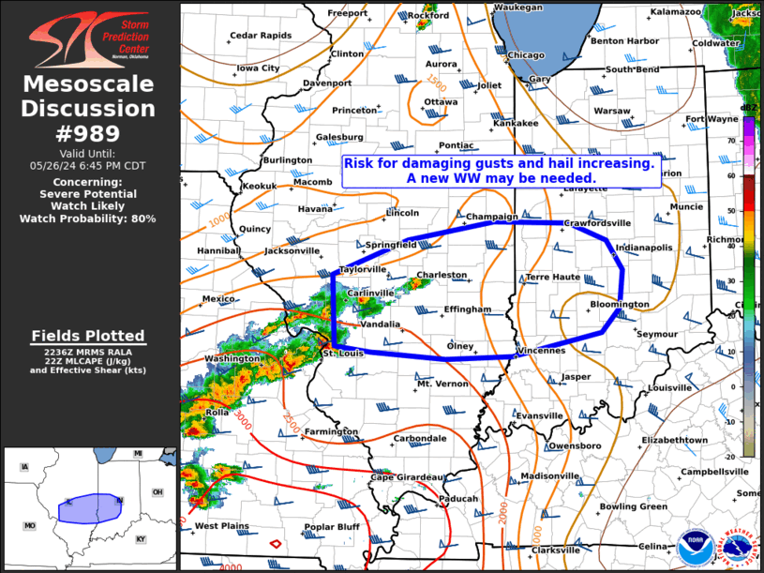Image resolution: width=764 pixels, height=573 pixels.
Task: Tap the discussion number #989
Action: (89, 132)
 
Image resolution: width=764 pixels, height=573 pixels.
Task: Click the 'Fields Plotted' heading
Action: (89, 336)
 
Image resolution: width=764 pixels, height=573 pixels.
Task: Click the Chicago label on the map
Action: (526, 55)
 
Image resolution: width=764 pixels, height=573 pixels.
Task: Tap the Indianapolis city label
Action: (644, 248)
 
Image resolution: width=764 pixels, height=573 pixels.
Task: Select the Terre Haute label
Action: (553, 278)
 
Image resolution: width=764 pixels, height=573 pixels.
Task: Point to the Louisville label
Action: (669, 387)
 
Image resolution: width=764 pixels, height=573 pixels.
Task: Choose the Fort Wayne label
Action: (712, 119)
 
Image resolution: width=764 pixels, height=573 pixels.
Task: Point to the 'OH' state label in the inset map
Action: (157, 492)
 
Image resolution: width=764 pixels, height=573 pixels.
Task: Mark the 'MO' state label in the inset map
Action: (30, 526)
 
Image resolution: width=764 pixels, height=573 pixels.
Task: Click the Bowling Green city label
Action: (633, 506)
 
